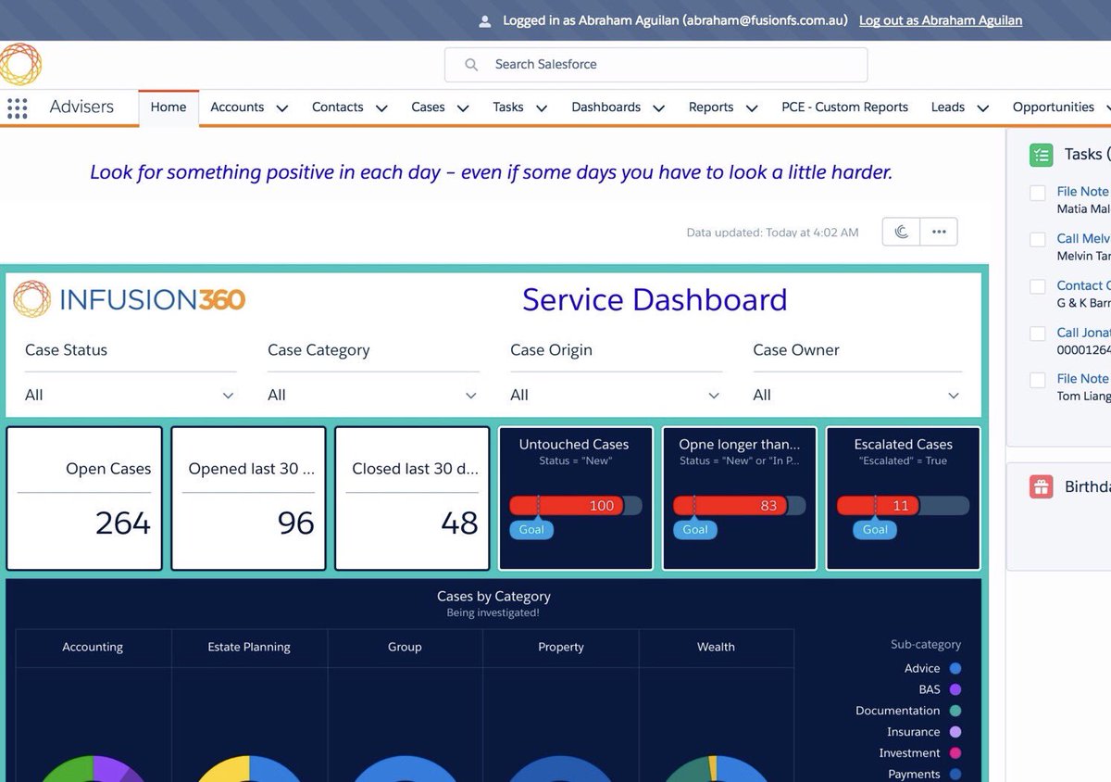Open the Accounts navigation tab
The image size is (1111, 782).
click(x=237, y=107)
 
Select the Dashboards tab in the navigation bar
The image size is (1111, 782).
click(x=605, y=107)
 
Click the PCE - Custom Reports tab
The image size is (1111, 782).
click(x=844, y=107)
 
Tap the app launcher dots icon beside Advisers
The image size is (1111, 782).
click(x=17, y=107)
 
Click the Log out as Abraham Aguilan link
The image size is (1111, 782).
click(x=940, y=20)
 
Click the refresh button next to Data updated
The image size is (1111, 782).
click(x=901, y=232)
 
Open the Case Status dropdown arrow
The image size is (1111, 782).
click(x=228, y=396)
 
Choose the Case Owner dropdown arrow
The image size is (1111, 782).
click(x=954, y=396)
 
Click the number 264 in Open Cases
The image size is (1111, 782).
click(x=122, y=523)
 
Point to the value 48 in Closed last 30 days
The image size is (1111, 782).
click(x=459, y=523)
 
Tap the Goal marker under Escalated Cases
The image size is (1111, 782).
click(x=875, y=530)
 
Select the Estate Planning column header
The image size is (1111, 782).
click(x=249, y=647)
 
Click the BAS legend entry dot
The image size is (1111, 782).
click(x=955, y=689)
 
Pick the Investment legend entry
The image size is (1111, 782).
click(x=909, y=753)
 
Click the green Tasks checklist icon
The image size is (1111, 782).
click(x=1041, y=155)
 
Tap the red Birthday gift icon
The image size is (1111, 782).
click(x=1041, y=487)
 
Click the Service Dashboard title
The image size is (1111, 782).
click(x=654, y=300)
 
